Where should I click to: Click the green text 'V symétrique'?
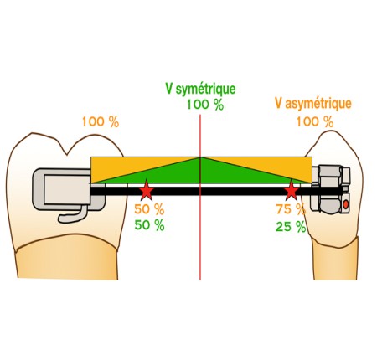click(200, 89)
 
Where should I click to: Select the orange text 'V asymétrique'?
click(313, 104)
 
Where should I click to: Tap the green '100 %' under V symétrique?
click(205, 105)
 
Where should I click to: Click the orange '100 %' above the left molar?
click(101, 122)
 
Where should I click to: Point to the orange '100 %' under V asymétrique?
click(315, 122)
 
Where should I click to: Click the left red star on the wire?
click(147, 191)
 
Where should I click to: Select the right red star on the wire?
click(292, 191)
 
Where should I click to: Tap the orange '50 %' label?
click(149, 209)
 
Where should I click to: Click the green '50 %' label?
click(149, 225)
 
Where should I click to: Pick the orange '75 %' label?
click(291, 209)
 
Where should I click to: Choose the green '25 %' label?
click(291, 227)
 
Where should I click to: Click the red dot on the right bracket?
click(345, 205)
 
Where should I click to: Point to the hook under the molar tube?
click(72, 214)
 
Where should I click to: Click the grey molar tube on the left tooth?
click(70, 189)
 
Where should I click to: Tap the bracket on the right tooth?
click(331, 190)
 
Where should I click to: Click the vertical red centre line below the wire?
click(200, 237)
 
